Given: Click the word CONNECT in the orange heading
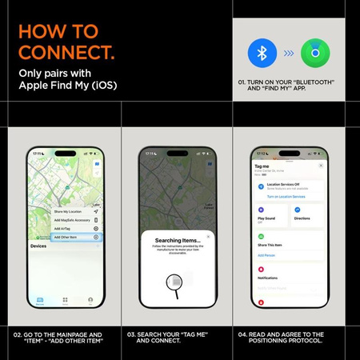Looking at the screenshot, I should coord(64,54).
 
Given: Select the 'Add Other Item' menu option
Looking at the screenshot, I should coord(67,238).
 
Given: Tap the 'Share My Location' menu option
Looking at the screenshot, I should coord(69,211).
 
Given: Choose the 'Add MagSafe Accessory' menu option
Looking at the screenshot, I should coord(71,220).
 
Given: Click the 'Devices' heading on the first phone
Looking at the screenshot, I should coord(38,247).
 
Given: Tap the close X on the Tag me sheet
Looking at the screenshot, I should coord(320,165).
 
